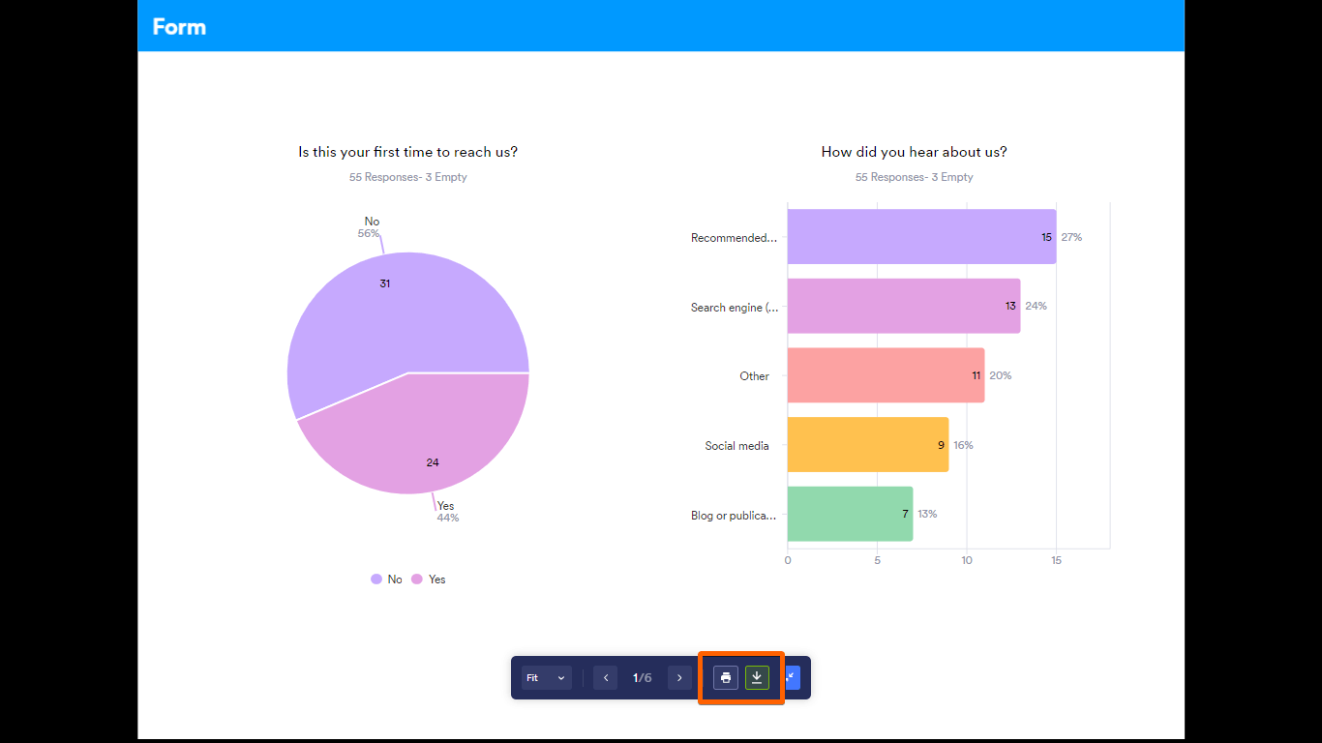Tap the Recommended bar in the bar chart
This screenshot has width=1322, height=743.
919,237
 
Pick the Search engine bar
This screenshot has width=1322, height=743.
900,306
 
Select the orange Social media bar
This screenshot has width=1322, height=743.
866,445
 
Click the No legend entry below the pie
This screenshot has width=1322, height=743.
387,580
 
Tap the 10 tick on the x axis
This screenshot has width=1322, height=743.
967,560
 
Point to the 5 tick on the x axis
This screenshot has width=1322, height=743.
877,560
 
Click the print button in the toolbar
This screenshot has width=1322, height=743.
726,677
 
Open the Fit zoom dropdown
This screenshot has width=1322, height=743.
546,678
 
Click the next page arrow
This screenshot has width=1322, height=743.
680,678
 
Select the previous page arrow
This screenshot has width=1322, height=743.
606,678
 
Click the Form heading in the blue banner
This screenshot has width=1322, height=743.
179,26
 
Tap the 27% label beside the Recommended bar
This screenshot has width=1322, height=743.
1071,237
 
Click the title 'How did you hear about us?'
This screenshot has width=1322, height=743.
914,152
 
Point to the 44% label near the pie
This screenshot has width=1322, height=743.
448,518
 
